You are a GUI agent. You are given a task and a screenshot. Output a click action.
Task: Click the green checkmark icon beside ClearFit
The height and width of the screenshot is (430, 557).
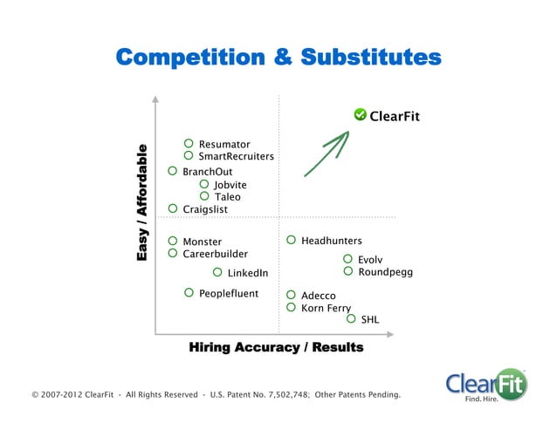360,114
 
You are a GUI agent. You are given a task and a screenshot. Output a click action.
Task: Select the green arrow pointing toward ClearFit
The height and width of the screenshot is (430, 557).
327,154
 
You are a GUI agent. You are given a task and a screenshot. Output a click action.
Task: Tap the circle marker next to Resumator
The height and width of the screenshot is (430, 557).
189,143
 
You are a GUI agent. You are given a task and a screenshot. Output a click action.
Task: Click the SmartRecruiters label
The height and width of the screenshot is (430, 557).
236,157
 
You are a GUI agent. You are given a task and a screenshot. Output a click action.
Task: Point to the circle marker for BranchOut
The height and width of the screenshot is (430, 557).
173,172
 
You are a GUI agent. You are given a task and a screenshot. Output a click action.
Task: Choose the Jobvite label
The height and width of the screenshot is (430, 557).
230,185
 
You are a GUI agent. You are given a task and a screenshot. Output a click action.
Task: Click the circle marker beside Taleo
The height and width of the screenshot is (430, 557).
204,196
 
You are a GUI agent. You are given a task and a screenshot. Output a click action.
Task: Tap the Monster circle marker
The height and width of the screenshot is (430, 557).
173,241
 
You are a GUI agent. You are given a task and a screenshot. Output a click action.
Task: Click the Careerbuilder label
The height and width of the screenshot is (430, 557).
215,254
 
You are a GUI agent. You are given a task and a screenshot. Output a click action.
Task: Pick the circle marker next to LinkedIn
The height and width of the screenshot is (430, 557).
217,273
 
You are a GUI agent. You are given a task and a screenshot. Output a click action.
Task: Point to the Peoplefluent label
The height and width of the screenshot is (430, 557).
229,294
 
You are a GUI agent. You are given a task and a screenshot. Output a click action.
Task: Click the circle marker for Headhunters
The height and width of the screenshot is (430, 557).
292,240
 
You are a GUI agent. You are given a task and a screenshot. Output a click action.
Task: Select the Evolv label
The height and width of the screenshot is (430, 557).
370,260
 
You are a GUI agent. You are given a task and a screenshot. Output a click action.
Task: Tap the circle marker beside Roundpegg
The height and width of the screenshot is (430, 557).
348,271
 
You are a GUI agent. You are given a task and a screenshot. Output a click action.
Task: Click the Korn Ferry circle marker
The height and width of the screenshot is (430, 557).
292,307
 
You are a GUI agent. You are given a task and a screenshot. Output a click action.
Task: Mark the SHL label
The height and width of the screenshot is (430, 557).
370,320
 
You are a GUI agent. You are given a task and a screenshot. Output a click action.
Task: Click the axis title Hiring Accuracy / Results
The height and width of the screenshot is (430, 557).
276,348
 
